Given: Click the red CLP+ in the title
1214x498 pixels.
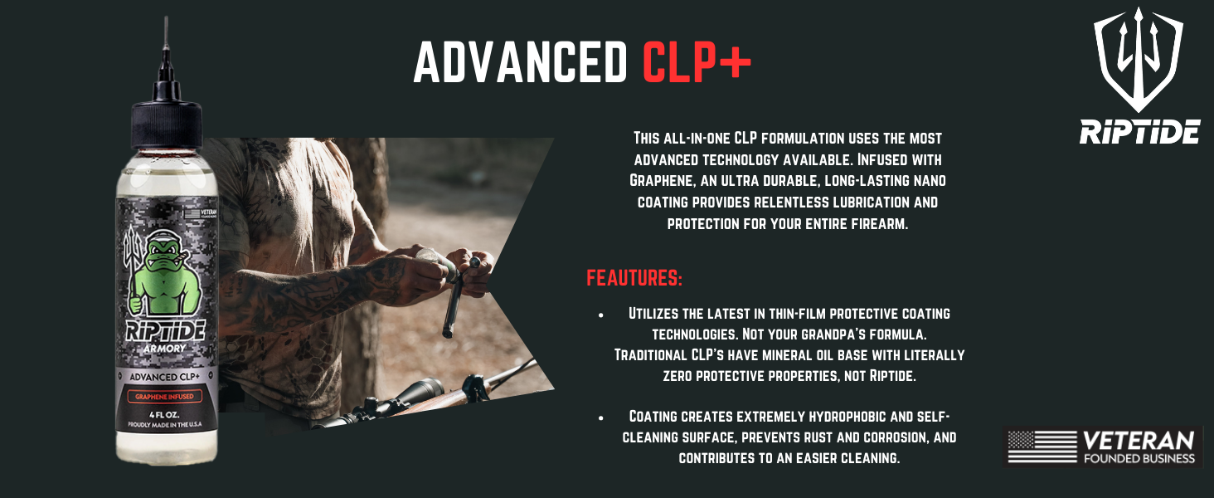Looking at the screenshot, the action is pos(697,62).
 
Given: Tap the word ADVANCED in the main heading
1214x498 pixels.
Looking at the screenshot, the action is pos(520,62).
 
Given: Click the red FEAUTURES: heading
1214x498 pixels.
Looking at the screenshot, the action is pos(634,278).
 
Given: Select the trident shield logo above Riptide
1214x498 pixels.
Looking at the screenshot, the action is pos(1139,60).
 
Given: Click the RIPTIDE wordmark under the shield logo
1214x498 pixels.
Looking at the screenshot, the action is pos(1139,132).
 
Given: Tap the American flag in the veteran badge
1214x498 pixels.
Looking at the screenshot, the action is pos(1042,447).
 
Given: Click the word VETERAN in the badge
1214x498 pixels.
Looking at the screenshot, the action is pos(1139,441).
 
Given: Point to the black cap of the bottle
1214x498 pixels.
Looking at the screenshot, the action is pos(167,122).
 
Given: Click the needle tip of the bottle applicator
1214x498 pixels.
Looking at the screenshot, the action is pos(166,17).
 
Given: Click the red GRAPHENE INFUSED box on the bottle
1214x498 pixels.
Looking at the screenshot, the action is pos(165,397).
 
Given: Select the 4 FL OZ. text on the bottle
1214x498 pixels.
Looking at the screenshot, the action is pos(164,414).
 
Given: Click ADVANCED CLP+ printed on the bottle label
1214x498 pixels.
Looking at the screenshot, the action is pos(165,377).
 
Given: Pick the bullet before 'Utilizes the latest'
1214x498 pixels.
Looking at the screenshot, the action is pos(601,315).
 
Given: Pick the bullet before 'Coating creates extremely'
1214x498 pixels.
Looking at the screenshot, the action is pos(601,417).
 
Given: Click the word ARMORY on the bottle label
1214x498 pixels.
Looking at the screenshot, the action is pos(165,349).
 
